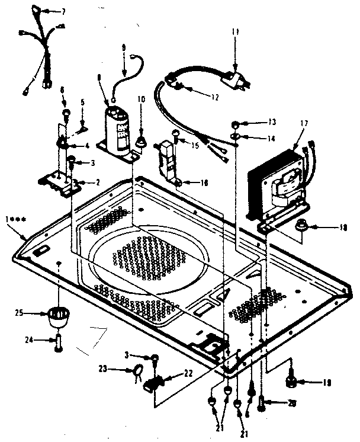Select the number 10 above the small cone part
pyautogui.click(x=141, y=99)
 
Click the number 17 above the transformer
pyautogui.click(x=304, y=124)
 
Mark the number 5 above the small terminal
pyautogui.click(x=83, y=101)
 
